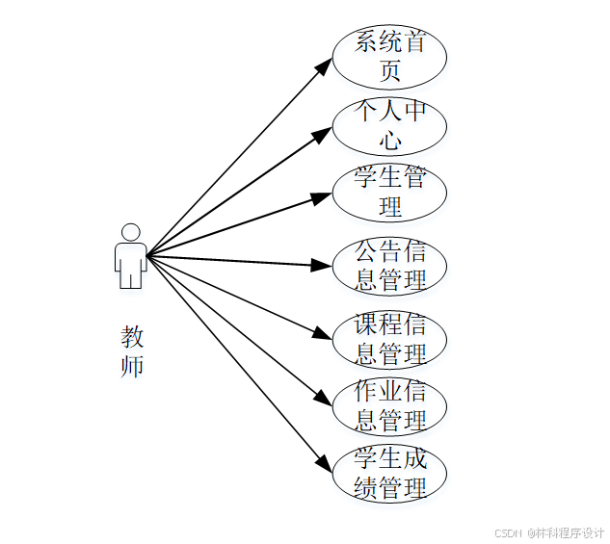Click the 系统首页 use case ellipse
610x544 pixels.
coord(389,56)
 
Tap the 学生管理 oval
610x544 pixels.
coord(389,193)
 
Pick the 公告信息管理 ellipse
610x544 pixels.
coord(389,266)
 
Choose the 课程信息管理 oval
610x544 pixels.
coord(389,339)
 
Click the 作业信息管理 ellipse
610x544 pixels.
coord(389,406)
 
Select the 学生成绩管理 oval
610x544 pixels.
coord(389,474)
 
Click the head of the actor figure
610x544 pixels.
coord(130,232)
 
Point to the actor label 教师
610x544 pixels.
coord(132,350)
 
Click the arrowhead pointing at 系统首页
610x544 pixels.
coord(324,68)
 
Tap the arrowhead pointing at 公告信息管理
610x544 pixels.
coord(322,265)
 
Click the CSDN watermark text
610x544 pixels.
coord(548,532)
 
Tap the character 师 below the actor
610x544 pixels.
coord(132,366)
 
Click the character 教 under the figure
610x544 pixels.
coord(132,337)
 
